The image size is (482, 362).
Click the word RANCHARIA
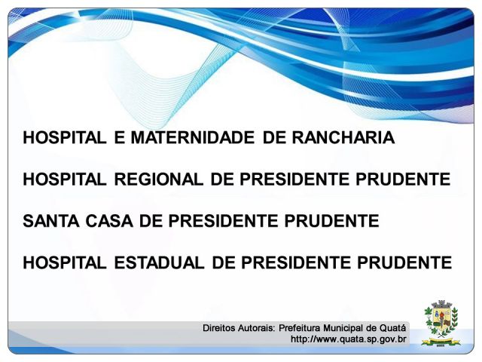[x=343, y=137]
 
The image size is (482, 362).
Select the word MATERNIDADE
[x=193, y=137]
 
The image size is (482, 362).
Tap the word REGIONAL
[x=159, y=179]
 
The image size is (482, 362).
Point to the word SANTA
[x=51, y=221]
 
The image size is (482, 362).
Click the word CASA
[x=109, y=221]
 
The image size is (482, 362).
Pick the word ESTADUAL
[x=159, y=263]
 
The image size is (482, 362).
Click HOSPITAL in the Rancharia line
[x=65, y=137]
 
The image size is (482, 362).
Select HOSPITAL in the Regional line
[x=65, y=179]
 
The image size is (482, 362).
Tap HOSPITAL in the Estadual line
[x=65, y=263]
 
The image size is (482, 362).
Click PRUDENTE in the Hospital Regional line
[x=404, y=179]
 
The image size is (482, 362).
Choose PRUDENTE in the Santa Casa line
[x=331, y=221]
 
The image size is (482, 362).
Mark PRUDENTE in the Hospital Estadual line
[x=404, y=263]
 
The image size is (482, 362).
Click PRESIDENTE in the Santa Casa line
[x=223, y=221]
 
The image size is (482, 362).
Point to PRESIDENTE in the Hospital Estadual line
[x=296, y=263]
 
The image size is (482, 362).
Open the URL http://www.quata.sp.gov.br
[x=348, y=339]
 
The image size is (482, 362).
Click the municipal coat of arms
[x=441, y=323]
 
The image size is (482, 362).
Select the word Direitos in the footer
[x=218, y=328]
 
